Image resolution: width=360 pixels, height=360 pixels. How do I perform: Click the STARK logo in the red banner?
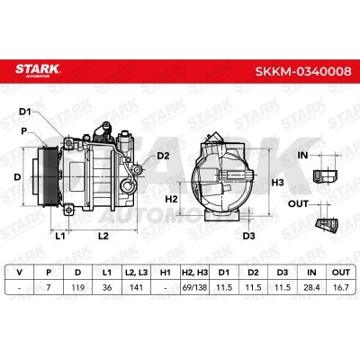[x=38, y=70]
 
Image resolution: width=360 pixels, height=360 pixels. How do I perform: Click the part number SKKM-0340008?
[x=303, y=71]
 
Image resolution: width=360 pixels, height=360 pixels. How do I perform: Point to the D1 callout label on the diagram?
[x=25, y=112]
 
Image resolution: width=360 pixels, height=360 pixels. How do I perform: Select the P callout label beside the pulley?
[x=23, y=131]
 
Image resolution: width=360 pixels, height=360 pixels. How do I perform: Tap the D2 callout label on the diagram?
[x=163, y=156]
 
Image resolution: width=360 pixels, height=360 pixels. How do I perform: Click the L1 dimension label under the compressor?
[x=60, y=236]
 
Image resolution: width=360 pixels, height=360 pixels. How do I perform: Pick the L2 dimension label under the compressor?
[x=103, y=236]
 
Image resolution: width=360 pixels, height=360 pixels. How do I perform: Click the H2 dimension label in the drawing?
[x=172, y=199]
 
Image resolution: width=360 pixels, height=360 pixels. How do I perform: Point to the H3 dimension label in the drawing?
[x=277, y=183]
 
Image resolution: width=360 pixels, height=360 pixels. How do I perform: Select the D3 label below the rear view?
[x=248, y=236]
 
